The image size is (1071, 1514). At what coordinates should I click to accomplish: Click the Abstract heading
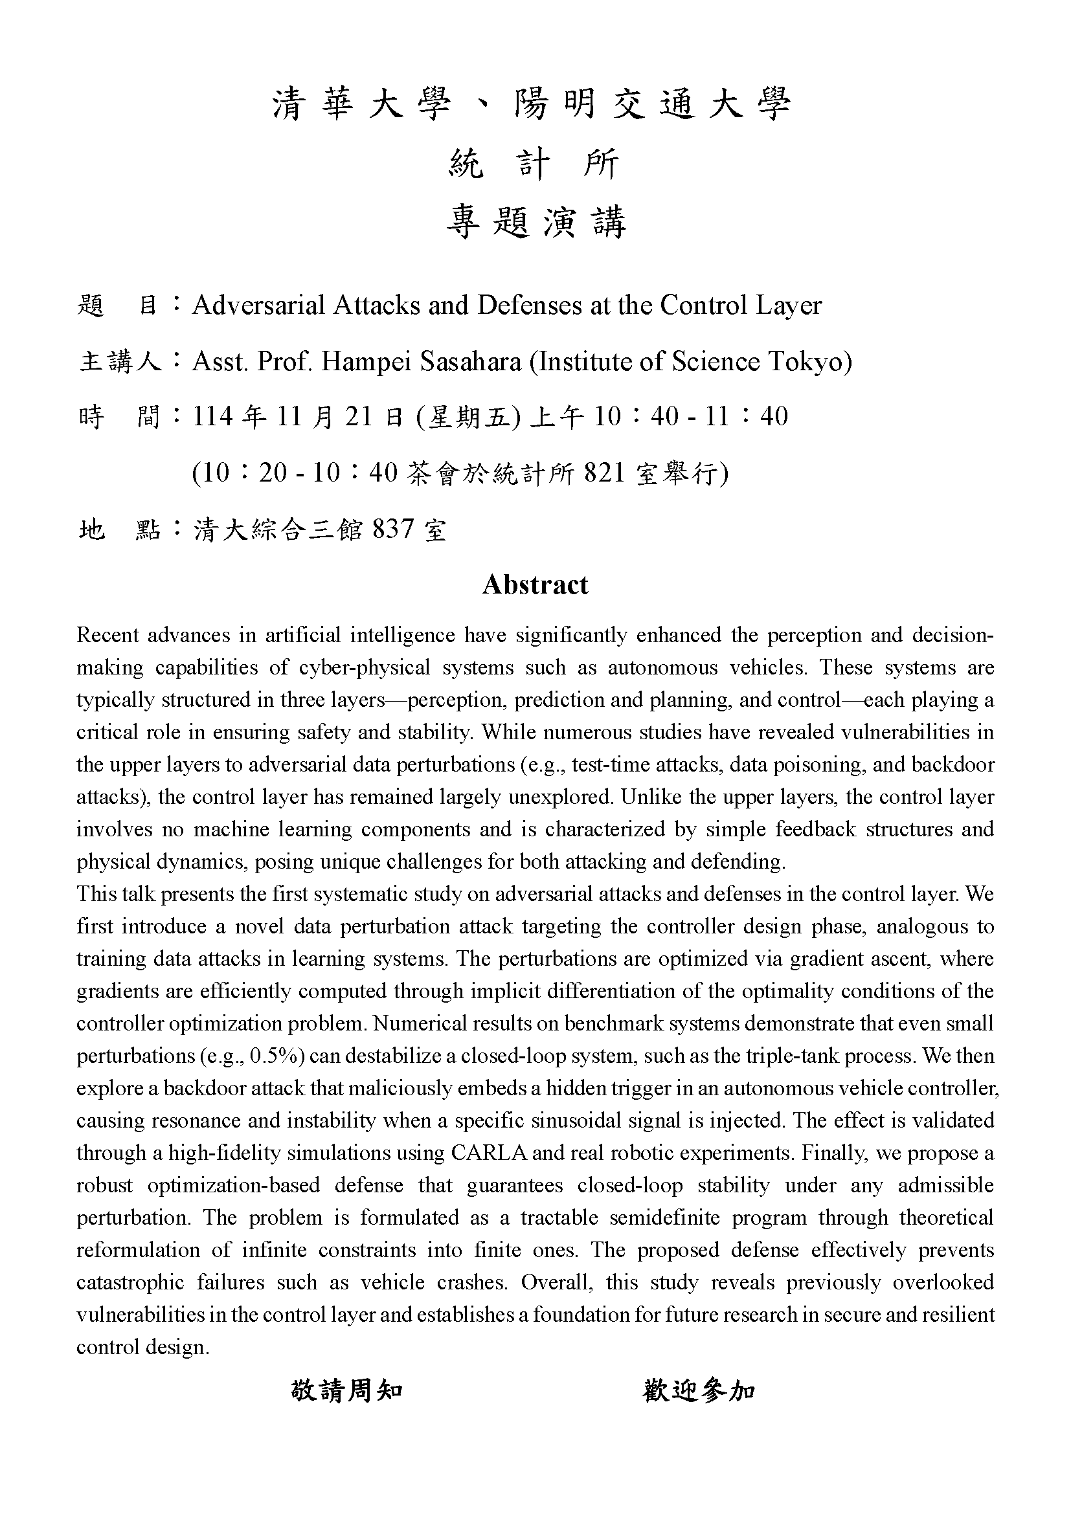[x=535, y=585]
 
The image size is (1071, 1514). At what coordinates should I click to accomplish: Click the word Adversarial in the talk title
[x=258, y=306]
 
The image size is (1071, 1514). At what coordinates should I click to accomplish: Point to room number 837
[x=394, y=529]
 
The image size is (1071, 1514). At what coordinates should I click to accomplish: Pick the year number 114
[x=213, y=417]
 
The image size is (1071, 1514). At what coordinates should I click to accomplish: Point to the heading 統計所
[x=535, y=164]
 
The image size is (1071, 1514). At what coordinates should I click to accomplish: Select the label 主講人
[x=120, y=361]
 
